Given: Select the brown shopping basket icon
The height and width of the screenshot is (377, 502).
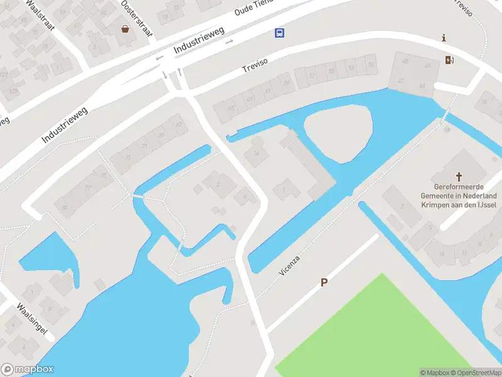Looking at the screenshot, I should point(125,28).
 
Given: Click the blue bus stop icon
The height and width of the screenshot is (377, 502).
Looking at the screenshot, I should point(278,33).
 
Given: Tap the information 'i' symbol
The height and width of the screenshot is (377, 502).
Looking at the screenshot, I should point(444,38).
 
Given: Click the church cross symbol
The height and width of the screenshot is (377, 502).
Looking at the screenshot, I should point(459,177).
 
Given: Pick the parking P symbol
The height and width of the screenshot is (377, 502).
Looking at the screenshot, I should point(324,283).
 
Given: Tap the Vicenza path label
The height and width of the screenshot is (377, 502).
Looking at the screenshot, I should point(290,266).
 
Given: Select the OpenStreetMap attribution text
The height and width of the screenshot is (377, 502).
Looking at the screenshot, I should point(474,373).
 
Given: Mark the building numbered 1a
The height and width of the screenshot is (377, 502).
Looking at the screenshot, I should point(256,153).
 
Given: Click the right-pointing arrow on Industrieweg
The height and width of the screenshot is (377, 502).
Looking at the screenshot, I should point(230,41).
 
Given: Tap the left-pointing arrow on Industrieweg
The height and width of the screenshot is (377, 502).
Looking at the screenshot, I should point(159,58).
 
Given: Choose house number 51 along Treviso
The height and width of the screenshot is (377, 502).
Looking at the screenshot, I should point(371,65).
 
